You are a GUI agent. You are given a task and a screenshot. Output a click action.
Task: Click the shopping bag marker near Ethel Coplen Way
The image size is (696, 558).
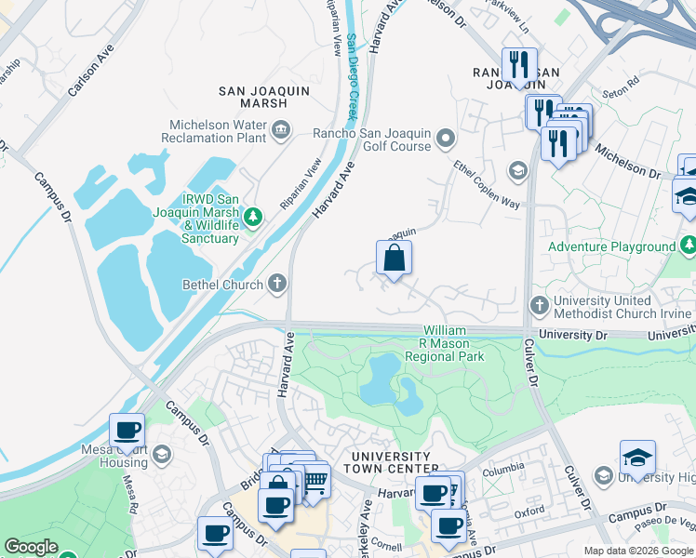click(x=394, y=259)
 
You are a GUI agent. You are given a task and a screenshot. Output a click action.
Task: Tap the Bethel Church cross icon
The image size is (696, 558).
click(x=276, y=284)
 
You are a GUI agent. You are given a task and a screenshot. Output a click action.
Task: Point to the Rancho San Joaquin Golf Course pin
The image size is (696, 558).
click(x=446, y=139)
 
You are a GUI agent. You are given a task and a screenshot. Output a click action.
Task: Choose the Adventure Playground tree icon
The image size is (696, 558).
click(x=688, y=246)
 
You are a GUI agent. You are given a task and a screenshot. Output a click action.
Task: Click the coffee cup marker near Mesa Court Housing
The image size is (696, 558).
click(x=127, y=431)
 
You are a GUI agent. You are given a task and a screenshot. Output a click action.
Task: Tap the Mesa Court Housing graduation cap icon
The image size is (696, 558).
click(x=162, y=454)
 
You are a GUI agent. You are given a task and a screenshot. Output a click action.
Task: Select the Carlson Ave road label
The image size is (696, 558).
click(x=91, y=71)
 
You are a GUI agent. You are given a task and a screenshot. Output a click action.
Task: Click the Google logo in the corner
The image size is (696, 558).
click(x=31, y=547)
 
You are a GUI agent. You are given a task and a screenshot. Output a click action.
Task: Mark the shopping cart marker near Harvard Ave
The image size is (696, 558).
click(x=315, y=482)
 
